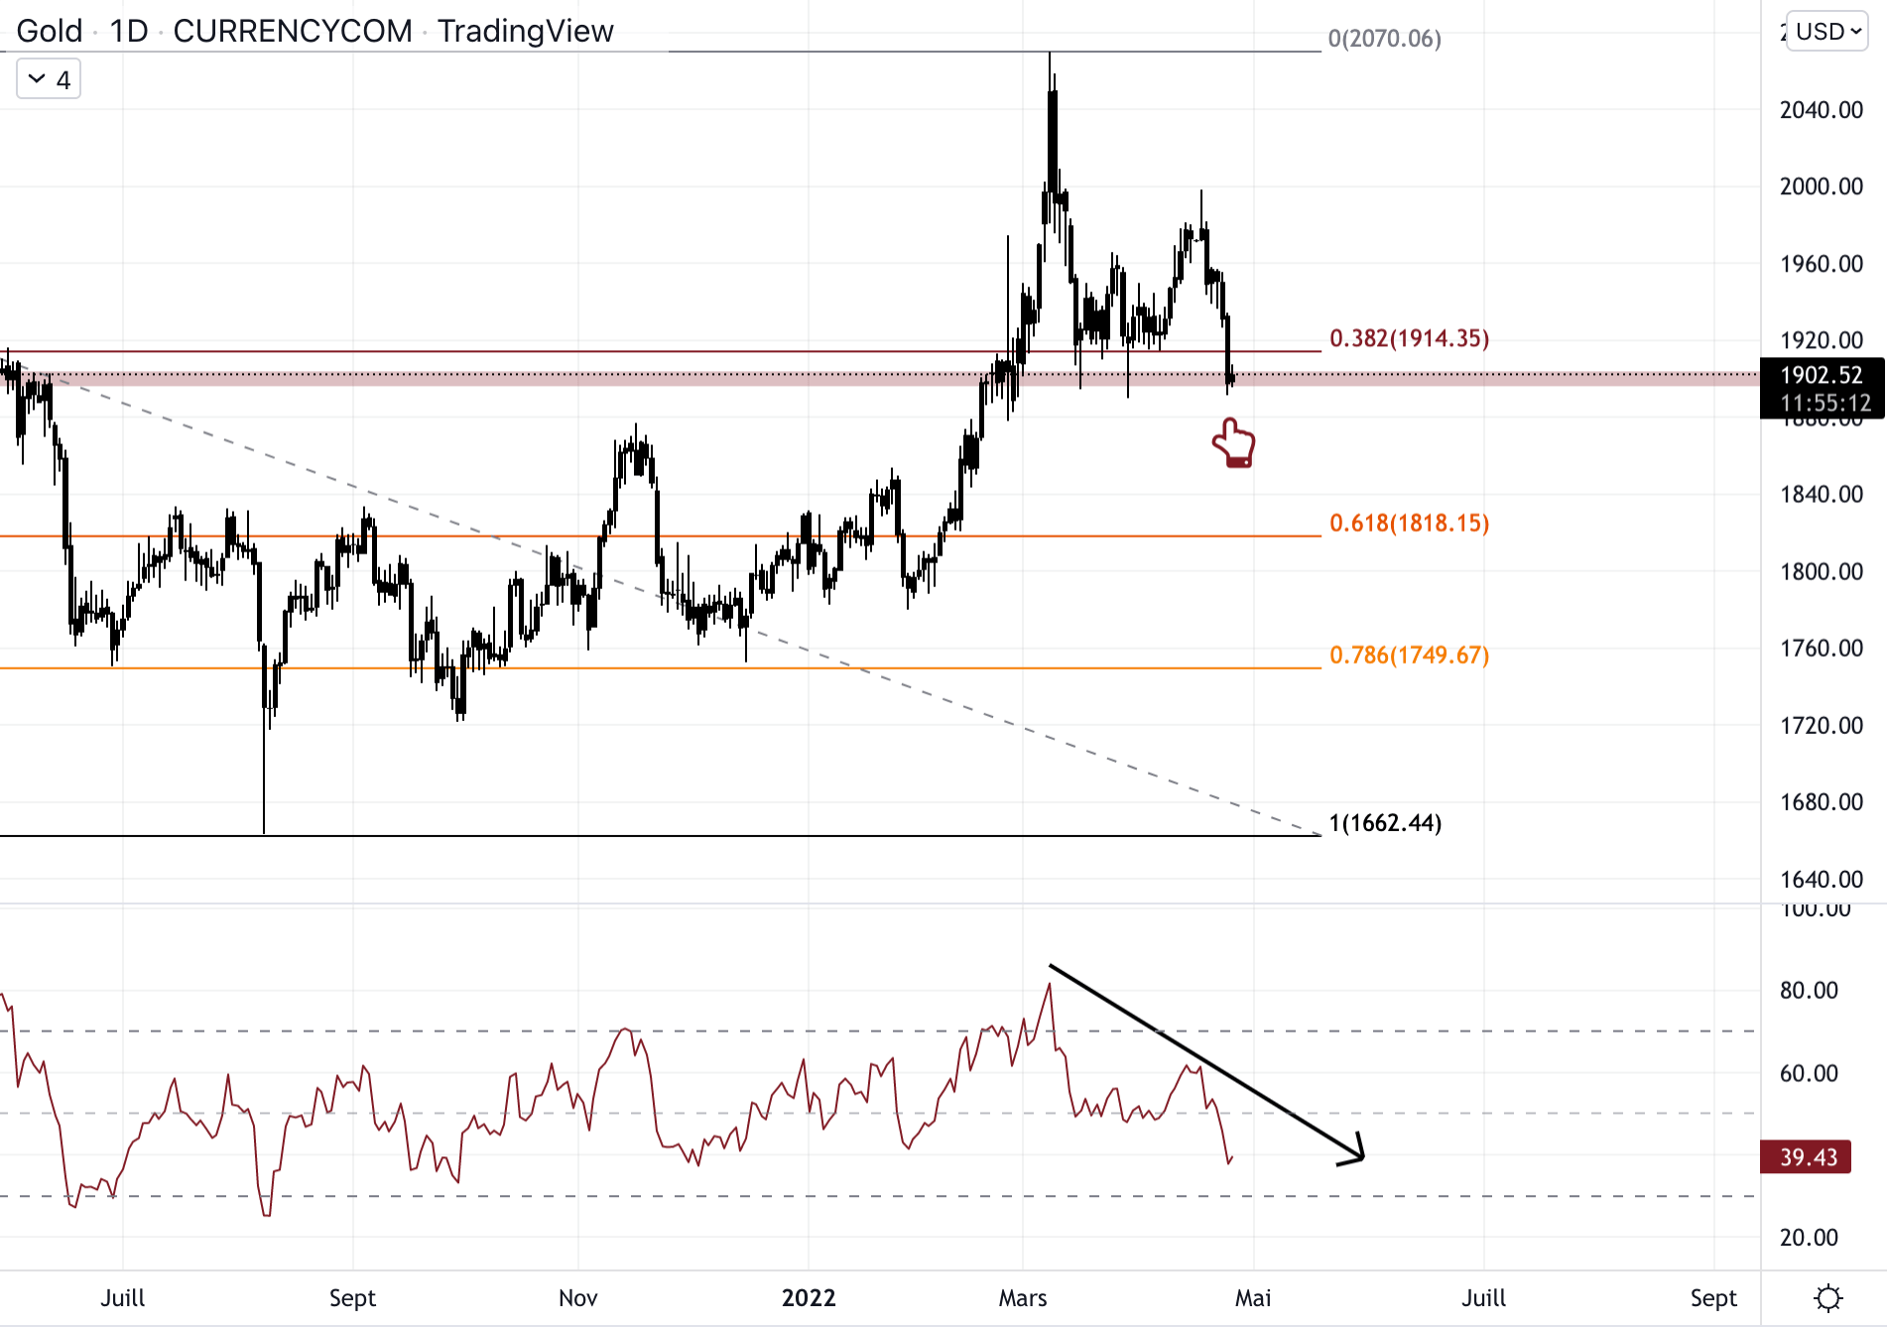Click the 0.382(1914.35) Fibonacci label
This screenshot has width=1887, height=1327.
pos(1409,338)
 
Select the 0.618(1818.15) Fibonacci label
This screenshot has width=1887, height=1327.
pos(1409,523)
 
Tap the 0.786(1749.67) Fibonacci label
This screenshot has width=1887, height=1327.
pos(1409,655)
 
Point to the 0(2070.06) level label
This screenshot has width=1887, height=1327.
pos(1384,39)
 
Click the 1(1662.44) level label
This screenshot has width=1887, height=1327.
pos(1385,823)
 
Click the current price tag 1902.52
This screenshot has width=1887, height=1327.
pos(1821,375)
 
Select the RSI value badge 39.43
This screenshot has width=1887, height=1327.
pos(1807,1157)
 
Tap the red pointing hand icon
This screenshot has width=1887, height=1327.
pos(1234,443)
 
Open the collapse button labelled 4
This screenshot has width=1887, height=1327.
pos(49,79)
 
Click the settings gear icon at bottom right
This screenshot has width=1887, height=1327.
pos(1827,1298)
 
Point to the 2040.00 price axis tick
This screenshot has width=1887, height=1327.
pos(1821,110)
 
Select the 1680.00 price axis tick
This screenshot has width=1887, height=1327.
pos(1821,801)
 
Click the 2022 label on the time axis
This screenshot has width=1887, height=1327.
pos(809,1298)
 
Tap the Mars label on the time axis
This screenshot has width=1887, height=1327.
pos(1023,1298)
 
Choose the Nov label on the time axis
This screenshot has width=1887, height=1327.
pos(578,1298)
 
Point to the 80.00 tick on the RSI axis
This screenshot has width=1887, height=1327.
pos(1809,990)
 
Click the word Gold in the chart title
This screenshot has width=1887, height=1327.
pos(50,32)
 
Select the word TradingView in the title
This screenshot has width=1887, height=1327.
pos(526,32)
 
